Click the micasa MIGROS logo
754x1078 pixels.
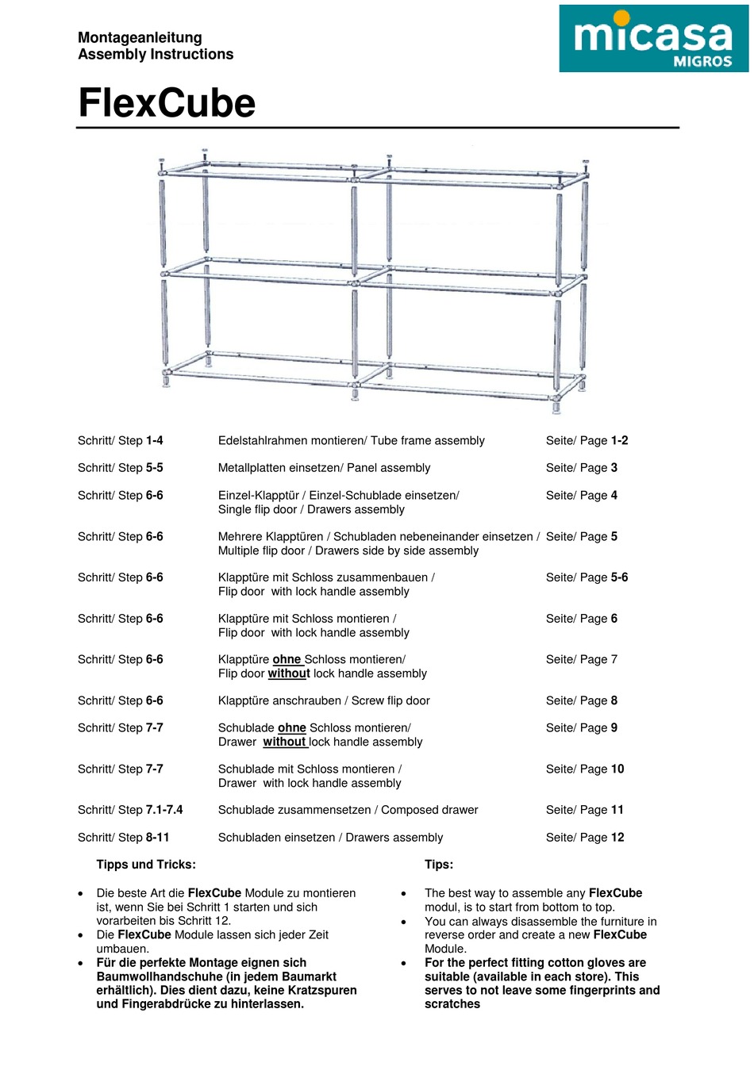[x=653, y=39]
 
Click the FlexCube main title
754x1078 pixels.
[x=167, y=103]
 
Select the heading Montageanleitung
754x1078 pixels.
[x=140, y=37]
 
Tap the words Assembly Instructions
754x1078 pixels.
[x=156, y=54]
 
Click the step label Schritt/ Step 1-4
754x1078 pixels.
[x=120, y=440]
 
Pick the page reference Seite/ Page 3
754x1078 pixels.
[x=581, y=467]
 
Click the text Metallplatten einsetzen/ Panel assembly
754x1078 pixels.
[x=324, y=467]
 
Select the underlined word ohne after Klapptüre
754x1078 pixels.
[x=287, y=659]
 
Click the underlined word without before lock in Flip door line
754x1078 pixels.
[x=288, y=673]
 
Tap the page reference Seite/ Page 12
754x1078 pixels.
[x=585, y=837]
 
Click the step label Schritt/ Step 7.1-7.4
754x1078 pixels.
[x=130, y=810]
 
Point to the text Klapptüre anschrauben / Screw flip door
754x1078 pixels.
[x=324, y=700]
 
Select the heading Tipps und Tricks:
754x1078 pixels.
[x=146, y=865]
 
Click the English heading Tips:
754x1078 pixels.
[x=439, y=865]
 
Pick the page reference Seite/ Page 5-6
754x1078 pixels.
[x=587, y=577]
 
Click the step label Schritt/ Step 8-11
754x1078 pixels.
[x=123, y=837]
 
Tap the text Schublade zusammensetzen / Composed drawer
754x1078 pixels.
[x=348, y=810]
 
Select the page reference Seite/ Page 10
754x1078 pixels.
[x=585, y=769]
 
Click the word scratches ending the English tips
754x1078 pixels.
[x=452, y=1004]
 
